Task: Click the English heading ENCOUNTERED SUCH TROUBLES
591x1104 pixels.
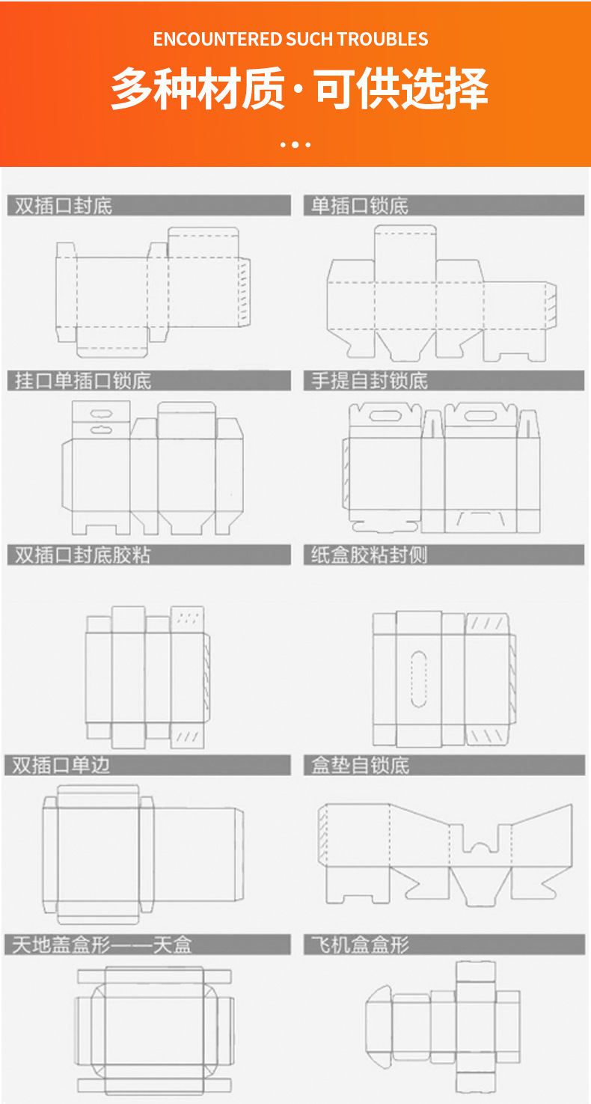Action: coord(290,39)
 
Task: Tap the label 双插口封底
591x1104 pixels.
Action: coord(64,206)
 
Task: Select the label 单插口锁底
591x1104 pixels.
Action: coord(360,206)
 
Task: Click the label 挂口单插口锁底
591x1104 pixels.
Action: coord(83,380)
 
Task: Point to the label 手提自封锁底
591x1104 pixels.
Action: coord(370,380)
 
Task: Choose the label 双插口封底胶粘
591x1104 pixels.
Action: coord(83,555)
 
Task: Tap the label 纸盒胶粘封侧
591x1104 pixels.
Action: coord(370,555)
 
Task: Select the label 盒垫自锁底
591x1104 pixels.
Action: coord(361,765)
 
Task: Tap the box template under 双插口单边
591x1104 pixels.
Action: coord(142,853)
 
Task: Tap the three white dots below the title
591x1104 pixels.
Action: coord(295,144)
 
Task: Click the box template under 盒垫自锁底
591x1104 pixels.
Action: coord(445,853)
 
